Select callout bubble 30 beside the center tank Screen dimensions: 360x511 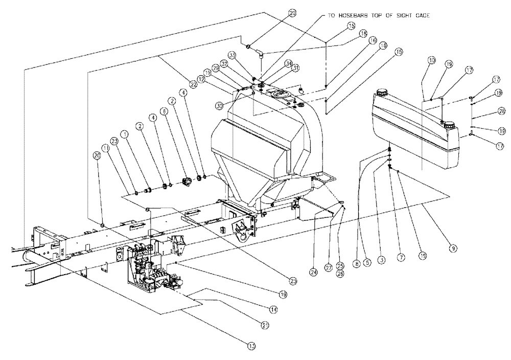(219, 106)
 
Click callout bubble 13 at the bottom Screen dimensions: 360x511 (251, 346)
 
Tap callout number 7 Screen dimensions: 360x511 (401, 258)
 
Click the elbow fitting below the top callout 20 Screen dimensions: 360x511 (260, 52)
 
